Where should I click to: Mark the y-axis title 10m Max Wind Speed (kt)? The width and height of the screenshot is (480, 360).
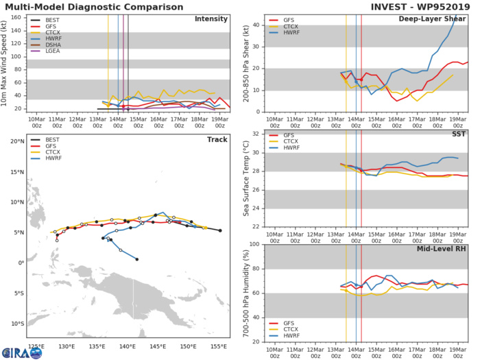(x=5, y=63)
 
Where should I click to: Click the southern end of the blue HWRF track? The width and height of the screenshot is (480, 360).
(x=137, y=259)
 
